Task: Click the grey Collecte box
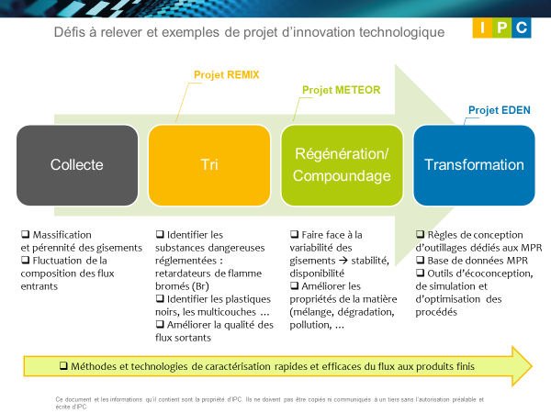coord(77,165)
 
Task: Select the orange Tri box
coord(209,165)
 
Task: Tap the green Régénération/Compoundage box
coord(342,165)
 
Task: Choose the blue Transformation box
coord(474,165)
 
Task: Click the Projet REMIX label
coord(226,75)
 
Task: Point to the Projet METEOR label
coord(342,90)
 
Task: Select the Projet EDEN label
coord(500,110)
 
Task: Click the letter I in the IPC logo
coord(482,28)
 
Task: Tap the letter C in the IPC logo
coord(522,28)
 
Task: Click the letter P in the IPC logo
coord(501,28)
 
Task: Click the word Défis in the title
coord(70,32)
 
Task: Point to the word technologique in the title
coord(401,33)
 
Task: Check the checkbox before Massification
coord(25,234)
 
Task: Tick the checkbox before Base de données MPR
coord(420,260)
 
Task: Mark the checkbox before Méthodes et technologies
coord(63,365)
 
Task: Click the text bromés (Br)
coord(182,286)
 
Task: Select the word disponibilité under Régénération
coord(317,273)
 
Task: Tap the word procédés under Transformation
coord(436,312)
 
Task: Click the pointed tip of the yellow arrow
coord(532,366)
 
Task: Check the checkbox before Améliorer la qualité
coord(160,324)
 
